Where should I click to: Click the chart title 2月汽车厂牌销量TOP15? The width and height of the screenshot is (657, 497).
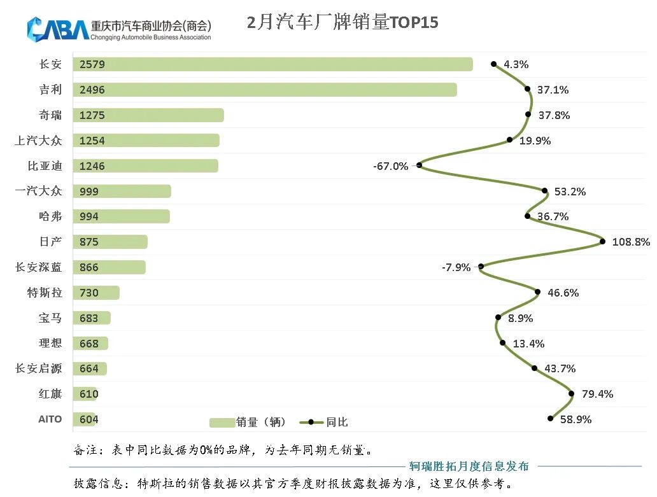343,23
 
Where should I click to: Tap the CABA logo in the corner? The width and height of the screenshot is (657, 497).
57,29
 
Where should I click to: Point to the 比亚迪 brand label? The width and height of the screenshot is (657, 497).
45,166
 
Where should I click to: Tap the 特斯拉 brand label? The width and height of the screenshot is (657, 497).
45,293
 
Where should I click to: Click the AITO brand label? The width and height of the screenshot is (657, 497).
50,419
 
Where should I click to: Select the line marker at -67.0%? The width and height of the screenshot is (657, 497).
420,165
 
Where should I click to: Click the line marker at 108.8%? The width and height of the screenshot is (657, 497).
602,241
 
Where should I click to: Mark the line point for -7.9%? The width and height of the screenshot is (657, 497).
481,267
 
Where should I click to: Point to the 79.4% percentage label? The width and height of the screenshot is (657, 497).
597,394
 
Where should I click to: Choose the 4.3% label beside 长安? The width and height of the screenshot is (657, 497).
516,64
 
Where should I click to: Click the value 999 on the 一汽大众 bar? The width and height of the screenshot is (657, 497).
89,192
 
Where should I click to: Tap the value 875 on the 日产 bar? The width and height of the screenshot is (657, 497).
89,242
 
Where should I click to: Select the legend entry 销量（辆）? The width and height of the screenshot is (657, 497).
248,422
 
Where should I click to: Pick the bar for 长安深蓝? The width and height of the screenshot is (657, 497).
109,267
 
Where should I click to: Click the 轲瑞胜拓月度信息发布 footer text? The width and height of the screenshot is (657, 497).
469,466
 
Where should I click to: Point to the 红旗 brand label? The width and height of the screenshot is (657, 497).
50,394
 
